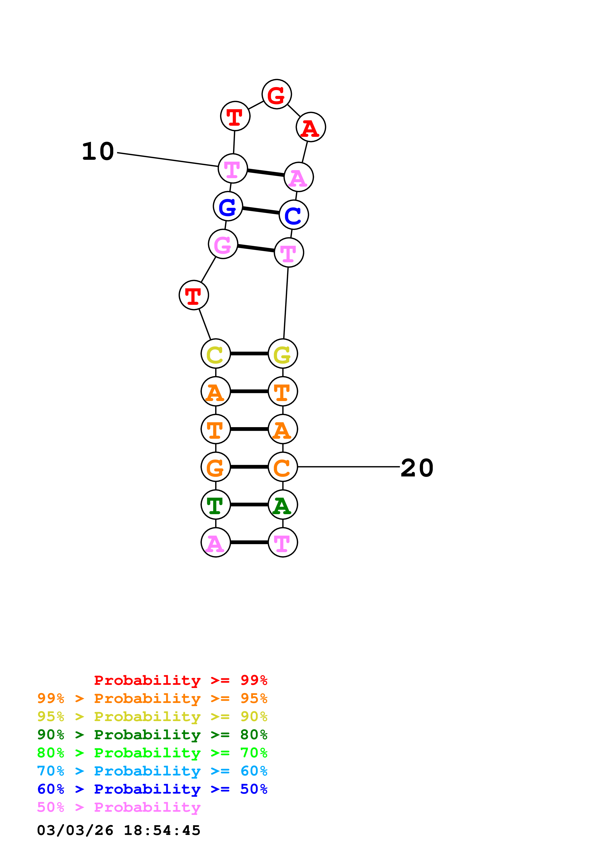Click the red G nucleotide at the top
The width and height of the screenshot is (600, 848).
click(x=277, y=95)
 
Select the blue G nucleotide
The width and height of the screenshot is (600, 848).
click(x=228, y=206)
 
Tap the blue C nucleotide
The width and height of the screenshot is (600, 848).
click(x=294, y=215)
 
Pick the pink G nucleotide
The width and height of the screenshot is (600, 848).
click(x=223, y=244)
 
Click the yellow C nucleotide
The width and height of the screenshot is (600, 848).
click(x=215, y=354)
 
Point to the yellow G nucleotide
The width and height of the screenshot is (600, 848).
click(x=282, y=354)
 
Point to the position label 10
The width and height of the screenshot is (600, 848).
click(x=98, y=151)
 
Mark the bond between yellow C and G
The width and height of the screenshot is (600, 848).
click(x=249, y=354)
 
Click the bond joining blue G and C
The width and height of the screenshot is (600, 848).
click(x=261, y=211)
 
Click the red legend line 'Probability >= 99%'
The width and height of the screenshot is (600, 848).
click(x=180, y=680)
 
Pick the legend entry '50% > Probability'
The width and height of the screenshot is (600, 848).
click(x=119, y=807)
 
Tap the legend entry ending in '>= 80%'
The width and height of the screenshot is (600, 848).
click(x=152, y=735)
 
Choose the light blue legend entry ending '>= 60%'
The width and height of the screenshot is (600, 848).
click(x=152, y=771)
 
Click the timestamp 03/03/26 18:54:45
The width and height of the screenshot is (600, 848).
click(x=119, y=831)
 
